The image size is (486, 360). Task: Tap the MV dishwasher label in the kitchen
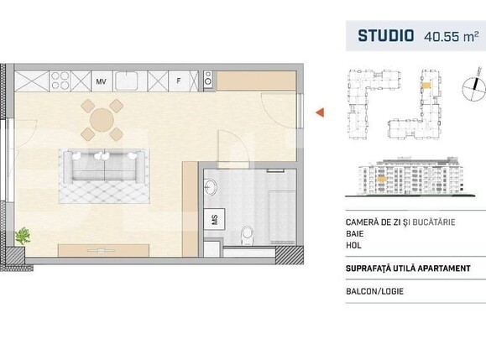coord(101,81)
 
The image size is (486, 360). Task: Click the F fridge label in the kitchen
coord(178,81)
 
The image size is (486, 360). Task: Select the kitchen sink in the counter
coord(128,81)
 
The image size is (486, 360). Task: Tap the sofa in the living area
coord(101,168)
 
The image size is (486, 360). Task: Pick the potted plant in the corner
coord(23,234)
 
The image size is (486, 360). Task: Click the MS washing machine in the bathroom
coord(215,220)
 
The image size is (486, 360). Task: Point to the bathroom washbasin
coord(212,185)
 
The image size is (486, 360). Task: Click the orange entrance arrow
coord(319,112)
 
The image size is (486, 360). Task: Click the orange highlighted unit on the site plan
coord(426,85)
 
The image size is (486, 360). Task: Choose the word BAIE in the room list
coord(356,234)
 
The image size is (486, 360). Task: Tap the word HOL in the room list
coord(354,248)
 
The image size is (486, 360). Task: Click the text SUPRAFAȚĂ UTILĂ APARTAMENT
coord(414,269)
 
